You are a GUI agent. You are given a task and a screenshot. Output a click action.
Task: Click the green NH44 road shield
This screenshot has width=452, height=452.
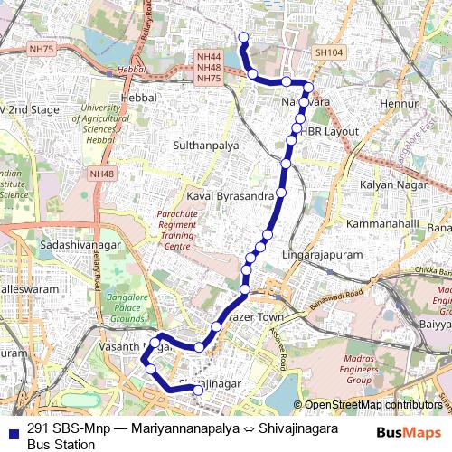pyautogui.click(x=209, y=57)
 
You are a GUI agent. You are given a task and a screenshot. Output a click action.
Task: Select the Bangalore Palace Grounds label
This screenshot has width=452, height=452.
pyautogui.click(x=127, y=308)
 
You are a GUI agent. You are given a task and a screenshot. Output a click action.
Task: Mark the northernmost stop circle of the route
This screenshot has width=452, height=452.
pyautogui.click(x=241, y=36)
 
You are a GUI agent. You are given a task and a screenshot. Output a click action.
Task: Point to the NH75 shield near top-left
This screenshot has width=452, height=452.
pyautogui.click(x=40, y=51)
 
